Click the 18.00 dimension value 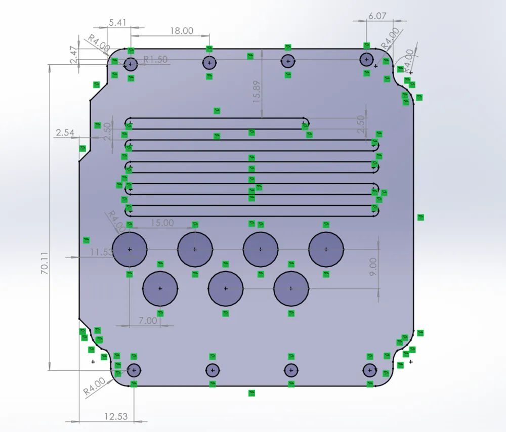[x=181, y=30]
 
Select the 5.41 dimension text [x=117, y=22]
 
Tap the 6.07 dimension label [x=377, y=16]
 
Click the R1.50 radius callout [x=155, y=60]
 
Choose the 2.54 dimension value [x=65, y=133]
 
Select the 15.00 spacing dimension [x=162, y=223]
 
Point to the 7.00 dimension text [x=148, y=321]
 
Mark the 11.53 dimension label [x=101, y=251]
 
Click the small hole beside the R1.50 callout [x=131, y=64]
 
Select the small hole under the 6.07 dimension [x=366, y=60]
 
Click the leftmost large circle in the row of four [x=130, y=249]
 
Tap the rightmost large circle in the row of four [x=326, y=249]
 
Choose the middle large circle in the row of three [x=226, y=289]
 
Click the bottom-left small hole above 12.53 [x=134, y=370]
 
